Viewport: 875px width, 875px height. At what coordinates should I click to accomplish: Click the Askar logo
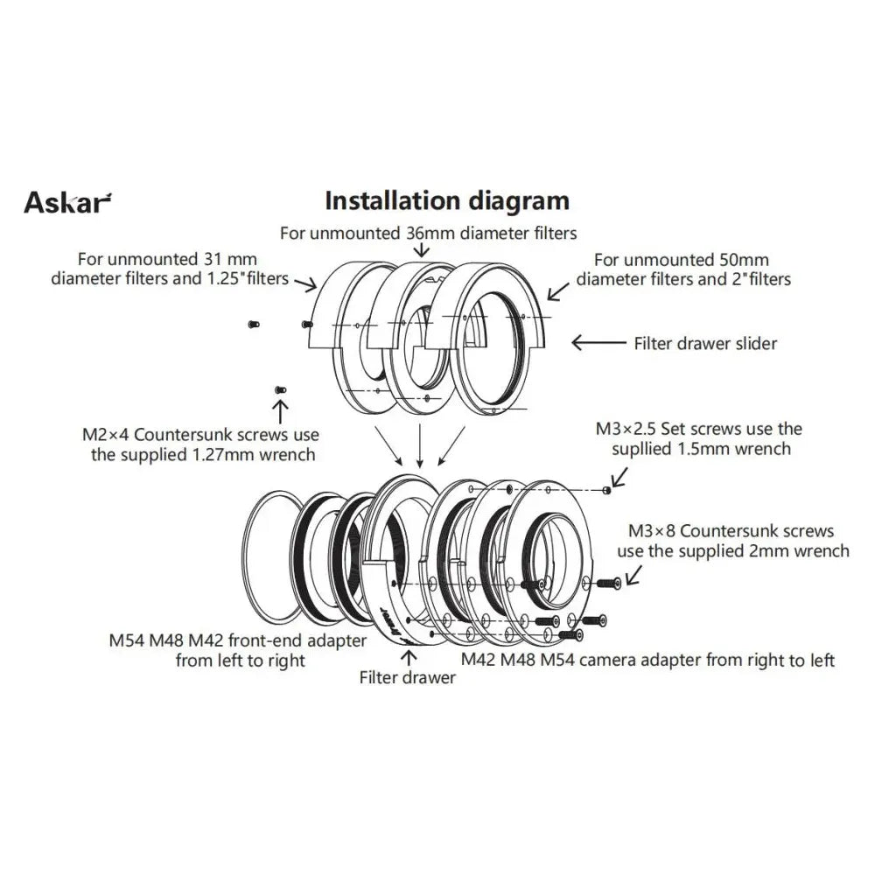point(67,202)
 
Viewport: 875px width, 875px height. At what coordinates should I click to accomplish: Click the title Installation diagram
point(446,200)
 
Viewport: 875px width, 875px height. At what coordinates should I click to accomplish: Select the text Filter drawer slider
point(705,344)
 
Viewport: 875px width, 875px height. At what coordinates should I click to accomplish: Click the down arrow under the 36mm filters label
point(422,250)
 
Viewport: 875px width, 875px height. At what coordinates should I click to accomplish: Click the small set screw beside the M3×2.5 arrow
point(606,490)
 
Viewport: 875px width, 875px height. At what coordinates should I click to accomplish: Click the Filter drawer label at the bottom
point(408,678)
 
